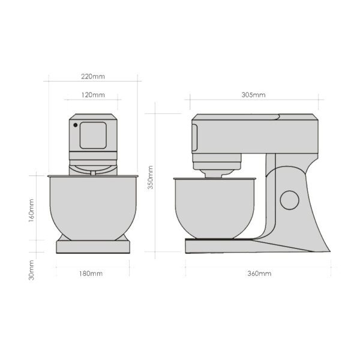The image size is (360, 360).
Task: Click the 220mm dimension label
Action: point(93,76)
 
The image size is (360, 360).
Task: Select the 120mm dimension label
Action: point(93,95)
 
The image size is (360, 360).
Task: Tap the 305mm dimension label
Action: point(253,95)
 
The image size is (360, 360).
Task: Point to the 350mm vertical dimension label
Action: point(150,178)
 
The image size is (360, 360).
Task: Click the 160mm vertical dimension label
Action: point(31,211)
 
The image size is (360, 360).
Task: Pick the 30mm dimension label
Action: point(31,270)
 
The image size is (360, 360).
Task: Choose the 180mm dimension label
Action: point(91,274)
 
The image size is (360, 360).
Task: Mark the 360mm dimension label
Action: point(259,274)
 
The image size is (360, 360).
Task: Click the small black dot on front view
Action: point(76,125)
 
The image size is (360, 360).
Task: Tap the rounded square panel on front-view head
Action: point(93,135)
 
